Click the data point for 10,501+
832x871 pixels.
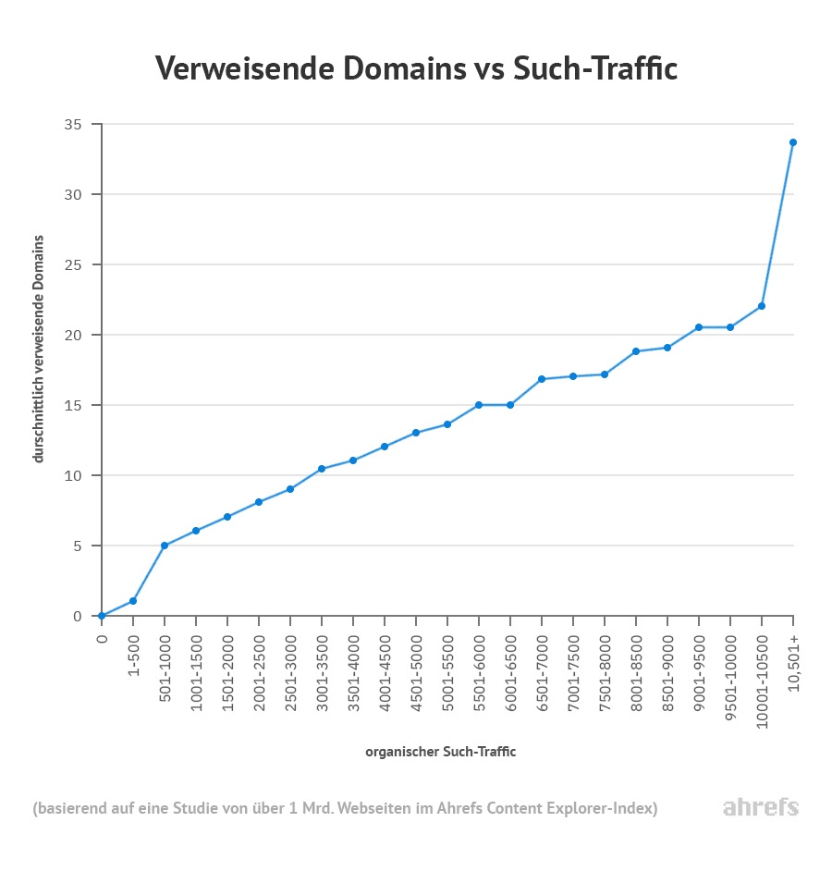point(793,142)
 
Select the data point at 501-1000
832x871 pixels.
point(165,546)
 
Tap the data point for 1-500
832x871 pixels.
point(133,601)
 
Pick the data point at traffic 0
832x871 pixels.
point(102,616)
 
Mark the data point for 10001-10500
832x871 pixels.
point(762,306)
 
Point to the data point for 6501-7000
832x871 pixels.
point(542,379)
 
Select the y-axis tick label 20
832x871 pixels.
point(73,335)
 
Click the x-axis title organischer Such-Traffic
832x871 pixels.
point(440,752)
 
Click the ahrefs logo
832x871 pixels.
point(760,807)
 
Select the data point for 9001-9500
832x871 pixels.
point(699,327)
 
